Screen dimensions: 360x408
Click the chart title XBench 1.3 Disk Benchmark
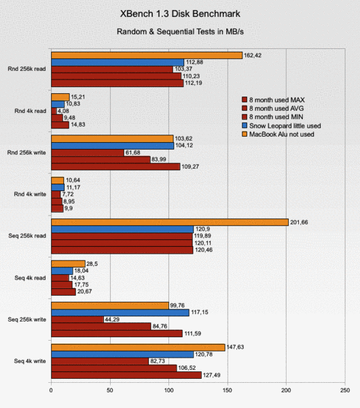180,14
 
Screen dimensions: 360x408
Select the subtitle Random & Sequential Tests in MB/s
180,32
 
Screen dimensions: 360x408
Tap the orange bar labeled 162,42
147,56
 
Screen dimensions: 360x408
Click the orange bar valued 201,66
170,222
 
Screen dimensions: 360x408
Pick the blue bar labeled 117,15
120,313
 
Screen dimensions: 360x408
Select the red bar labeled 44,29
77,320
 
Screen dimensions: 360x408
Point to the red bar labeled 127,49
126,375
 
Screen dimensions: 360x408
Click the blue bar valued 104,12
113,146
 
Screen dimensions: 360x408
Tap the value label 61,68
133,152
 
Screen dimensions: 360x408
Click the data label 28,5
92,264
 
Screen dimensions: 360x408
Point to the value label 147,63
235,347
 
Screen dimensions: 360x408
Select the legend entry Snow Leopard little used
281,126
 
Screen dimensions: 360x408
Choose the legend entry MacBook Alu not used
278,134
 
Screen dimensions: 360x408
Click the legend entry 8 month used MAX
273,100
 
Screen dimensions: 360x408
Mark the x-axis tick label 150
228,390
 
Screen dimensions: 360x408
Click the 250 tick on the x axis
345,390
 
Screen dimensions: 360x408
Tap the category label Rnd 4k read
30,111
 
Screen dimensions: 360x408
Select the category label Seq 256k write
26,320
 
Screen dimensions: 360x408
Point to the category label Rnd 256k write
26,152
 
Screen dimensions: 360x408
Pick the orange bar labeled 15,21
60,97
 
